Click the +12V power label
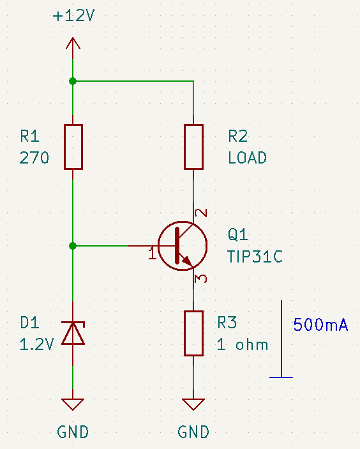[73, 15]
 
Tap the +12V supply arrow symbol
[73, 43]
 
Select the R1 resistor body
[73, 147]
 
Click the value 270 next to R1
[34, 158]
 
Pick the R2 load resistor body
[194, 147]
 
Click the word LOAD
[247, 158]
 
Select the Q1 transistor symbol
[183, 246]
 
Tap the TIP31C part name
[255, 256]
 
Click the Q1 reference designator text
[238, 234]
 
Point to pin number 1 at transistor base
[153, 254]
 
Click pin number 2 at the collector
[201, 213]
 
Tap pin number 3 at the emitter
[201, 278]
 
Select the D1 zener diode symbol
[73, 333]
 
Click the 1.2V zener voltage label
[36, 344]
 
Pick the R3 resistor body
[194, 333]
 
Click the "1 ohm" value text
[243, 344]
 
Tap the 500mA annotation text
[321, 325]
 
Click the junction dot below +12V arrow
[73, 81]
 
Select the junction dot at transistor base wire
[73, 246]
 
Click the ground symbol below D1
[73, 404]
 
